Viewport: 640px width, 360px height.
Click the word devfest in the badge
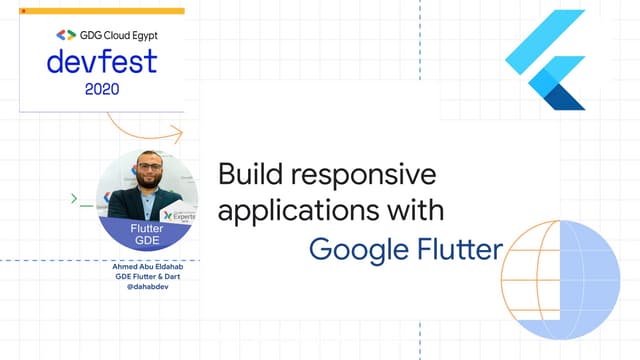(101, 62)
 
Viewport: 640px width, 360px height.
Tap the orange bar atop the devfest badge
(101, 11)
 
